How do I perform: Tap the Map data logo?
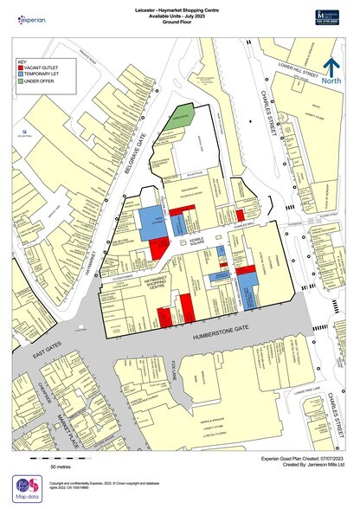point(26,489)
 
